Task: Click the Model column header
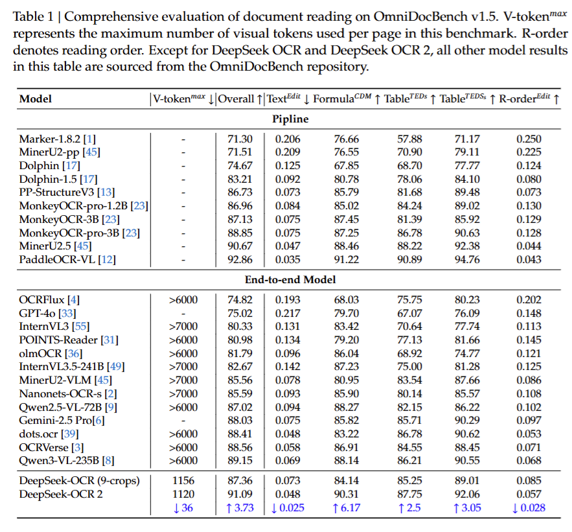point(36,99)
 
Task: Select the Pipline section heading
point(290,119)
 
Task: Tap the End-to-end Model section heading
point(290,280)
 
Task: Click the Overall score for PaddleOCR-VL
point(240,260)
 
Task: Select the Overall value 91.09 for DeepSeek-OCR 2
point(240,494)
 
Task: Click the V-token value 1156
point(183,481)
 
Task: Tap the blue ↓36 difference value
point(183,507)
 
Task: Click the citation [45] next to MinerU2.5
point(84,246)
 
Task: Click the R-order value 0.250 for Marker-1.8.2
point(529,139)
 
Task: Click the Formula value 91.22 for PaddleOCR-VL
point(347,260)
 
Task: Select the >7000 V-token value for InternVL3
point(183,327)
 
